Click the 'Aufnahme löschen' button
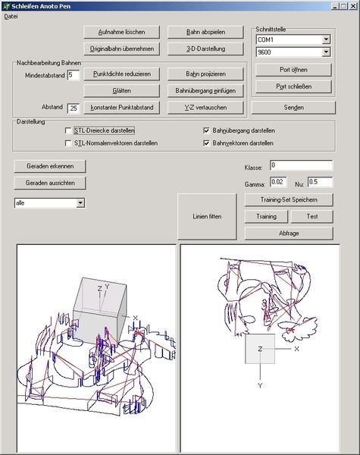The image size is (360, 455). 121,32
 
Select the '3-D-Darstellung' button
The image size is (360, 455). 205,49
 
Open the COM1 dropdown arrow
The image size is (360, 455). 326,39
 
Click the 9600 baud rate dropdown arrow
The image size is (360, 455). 326,52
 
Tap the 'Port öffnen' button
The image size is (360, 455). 293,70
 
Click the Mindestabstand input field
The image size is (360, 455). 74,75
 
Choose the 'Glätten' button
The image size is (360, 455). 121,91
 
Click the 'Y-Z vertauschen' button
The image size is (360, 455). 205,108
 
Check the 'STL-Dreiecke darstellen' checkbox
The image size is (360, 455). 68,131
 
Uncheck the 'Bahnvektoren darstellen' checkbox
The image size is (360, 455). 206,143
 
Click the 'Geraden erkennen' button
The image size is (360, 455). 50,166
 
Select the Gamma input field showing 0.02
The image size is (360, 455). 278,182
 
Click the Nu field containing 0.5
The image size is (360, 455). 321,182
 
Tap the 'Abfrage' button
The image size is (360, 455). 289,234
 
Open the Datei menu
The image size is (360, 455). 11,17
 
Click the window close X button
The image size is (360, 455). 352,6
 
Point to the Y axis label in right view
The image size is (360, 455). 260,386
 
